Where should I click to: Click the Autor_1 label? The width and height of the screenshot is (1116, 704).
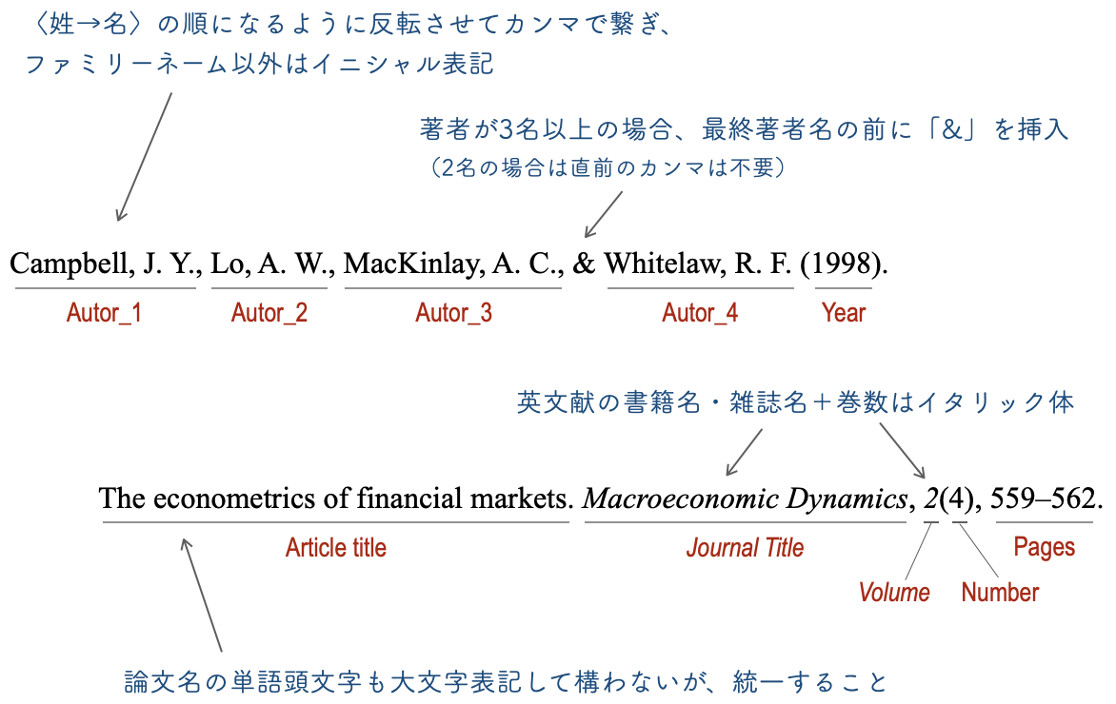pyautogui.click(x=104, y=313)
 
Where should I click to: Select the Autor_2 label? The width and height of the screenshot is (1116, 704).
pyautogui.click(x=269, y=313)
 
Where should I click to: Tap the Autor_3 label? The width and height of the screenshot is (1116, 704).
pyautogui.click(x=453, y=313)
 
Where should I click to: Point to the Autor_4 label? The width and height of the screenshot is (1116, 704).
pyautogui.click(x=700, y=313)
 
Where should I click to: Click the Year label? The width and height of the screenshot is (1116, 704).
pyautogui.click(x=844, y=313)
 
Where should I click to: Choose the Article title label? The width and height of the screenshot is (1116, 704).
pyautogui.click(x=336, y=548)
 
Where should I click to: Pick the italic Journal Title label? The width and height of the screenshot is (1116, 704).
pyautogui.click(x=745, y=548)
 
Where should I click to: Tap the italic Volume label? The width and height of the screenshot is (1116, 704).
pyautogui.click(x=894, y=593)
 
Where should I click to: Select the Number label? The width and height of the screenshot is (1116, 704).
pyautogui.click(x=1000, y=593)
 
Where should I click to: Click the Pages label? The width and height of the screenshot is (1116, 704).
pyautogui.click(x=1045, y=548)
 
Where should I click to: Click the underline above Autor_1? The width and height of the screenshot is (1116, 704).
pyautogui.click(x=105, y=287)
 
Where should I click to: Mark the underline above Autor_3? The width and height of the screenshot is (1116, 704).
pyautogui.click(x=452, y=287)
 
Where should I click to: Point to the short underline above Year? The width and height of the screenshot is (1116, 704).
pyautogui.click(x=843, y=287)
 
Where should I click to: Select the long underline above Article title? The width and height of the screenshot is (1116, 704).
pyautogui.click(x=335, y=522)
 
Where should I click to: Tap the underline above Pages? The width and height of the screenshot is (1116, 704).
pyautogui.click(x=1044, y=522)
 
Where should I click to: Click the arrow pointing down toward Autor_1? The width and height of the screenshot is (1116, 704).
pyautogui.click(x=144, y=157)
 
